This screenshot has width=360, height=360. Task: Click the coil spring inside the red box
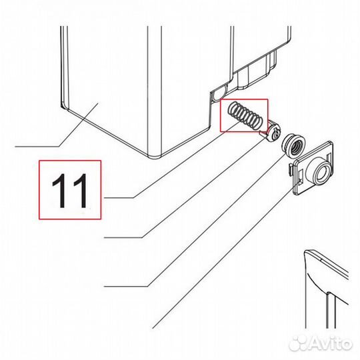244,115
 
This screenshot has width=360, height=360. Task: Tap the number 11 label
70,190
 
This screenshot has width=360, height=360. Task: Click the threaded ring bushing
293,146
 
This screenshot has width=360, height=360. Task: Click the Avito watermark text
331,344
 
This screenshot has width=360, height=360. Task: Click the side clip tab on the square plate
291,170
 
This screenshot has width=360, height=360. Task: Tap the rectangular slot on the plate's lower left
299,180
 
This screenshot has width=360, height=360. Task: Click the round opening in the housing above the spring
218,95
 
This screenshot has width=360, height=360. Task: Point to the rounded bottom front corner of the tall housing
154,157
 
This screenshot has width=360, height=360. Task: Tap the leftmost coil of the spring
233,108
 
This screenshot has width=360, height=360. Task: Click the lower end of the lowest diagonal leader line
153,328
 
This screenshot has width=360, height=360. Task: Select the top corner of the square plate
331,141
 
